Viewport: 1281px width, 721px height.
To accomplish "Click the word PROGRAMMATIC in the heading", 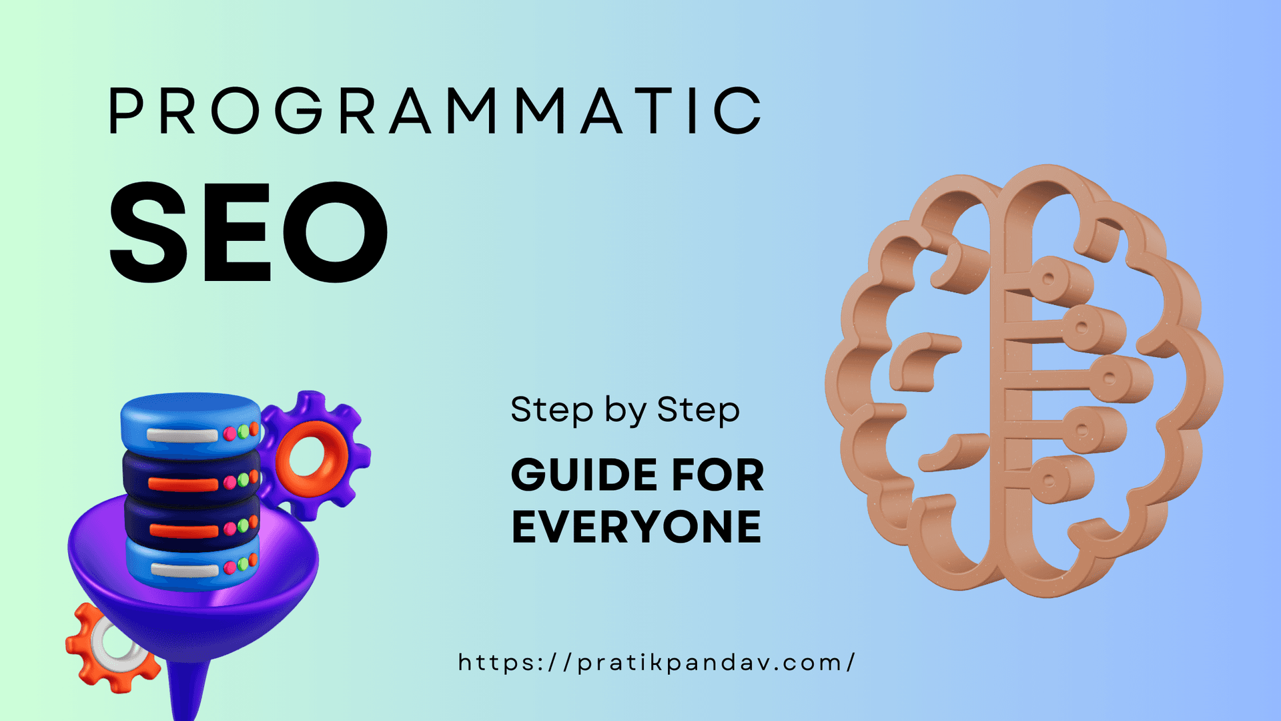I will [435, 111].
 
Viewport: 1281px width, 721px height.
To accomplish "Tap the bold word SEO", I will [248, 232].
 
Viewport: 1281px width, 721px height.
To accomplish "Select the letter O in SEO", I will [335, 232].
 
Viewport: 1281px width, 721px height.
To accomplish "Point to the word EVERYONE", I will [636, 527].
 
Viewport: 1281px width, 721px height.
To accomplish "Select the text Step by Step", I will [625, 409].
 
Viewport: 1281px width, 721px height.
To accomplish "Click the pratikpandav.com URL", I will [657, 663].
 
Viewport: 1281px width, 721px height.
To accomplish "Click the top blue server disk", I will [190, 421].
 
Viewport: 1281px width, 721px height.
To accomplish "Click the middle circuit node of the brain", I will [1109, 379].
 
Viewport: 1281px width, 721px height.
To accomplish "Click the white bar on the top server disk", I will [181, 435].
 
